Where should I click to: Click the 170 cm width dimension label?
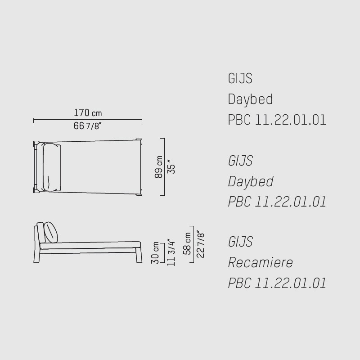click(x=88, y=113)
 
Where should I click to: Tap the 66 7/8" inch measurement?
click(x=87, y=126)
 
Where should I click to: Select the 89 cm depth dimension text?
click(x=159, y=167)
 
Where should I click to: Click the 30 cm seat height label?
click(x=155, y=252)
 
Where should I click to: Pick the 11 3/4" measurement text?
click(x=171, y=252)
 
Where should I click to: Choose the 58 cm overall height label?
click(x=187, y=243)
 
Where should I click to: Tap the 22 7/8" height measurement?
click(x=200, y=244)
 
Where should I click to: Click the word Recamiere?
click(x=261, y=262)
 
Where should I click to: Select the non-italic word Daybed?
click(x=250, y=99)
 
